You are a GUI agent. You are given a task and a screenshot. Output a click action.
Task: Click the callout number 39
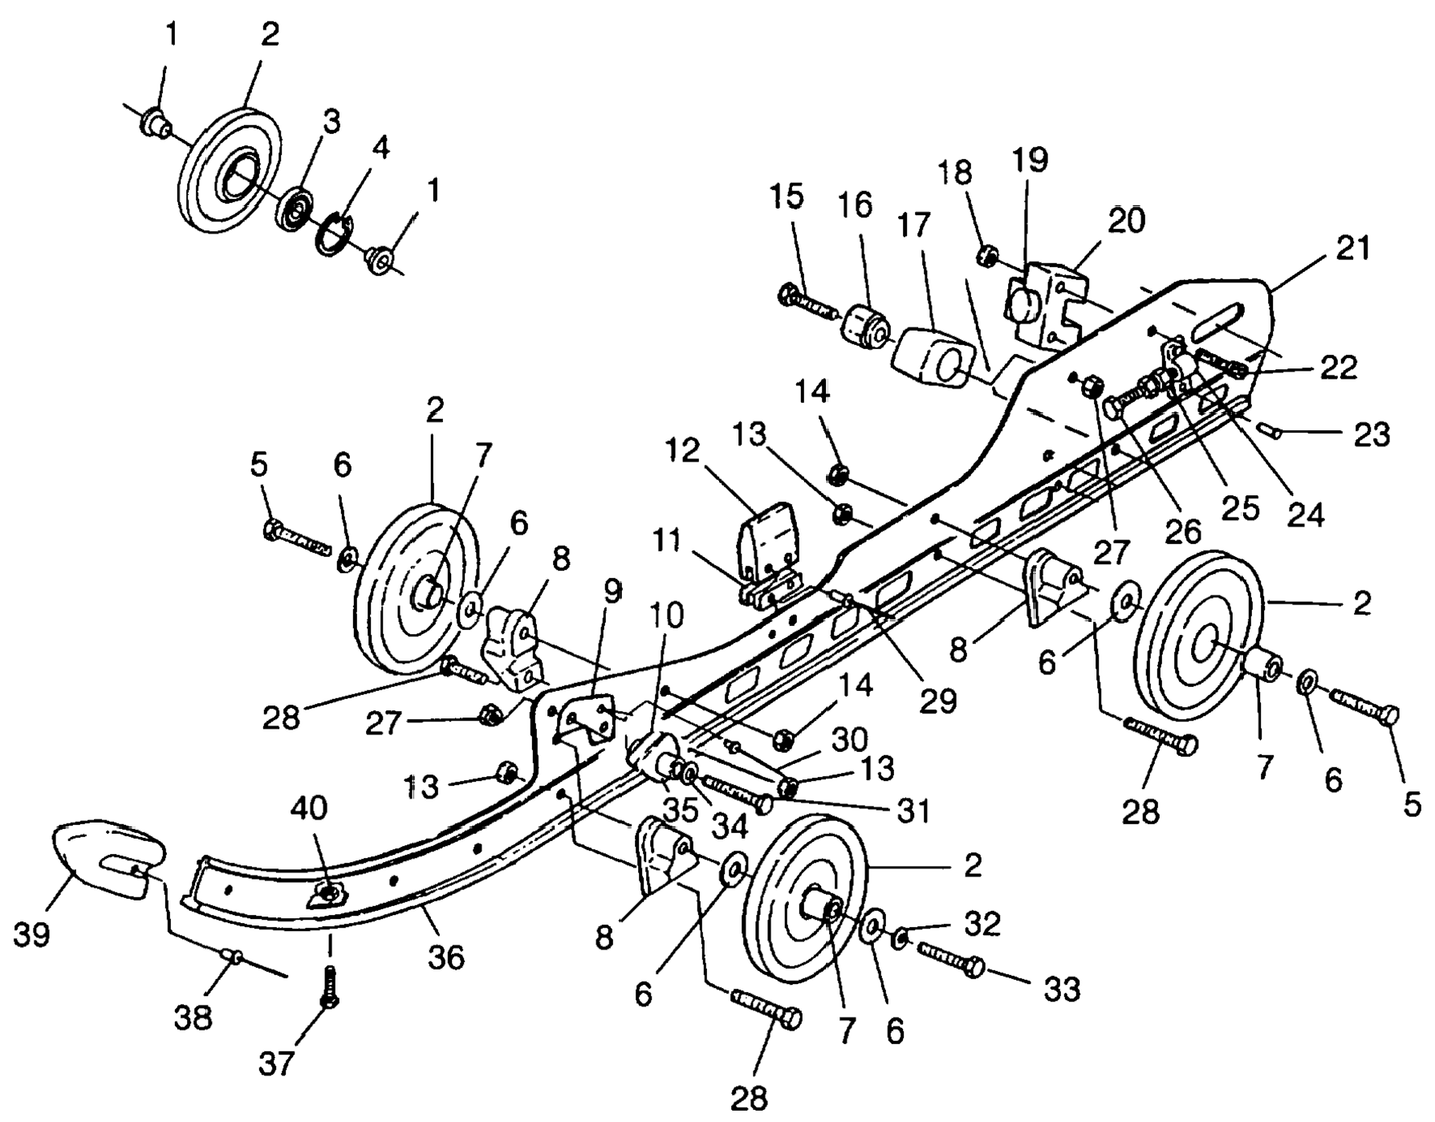[x=32, y=934]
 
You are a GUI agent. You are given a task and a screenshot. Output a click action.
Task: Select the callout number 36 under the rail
[x=446, y=957]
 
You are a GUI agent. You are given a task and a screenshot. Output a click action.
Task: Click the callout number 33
[x=1061, y=990]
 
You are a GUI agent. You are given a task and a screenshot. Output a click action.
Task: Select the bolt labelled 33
[x=950, y=957]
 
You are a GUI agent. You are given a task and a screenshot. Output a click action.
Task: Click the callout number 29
[x=938, y=701]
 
